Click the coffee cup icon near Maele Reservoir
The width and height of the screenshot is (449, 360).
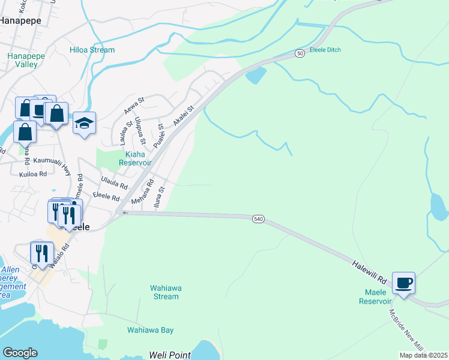pos(403,281)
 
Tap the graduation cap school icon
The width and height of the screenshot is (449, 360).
pos(85,123)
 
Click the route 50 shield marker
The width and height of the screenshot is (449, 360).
pos(299,54)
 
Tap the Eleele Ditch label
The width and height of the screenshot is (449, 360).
pos(325,50)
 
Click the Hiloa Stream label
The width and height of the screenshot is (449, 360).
pos(92,50)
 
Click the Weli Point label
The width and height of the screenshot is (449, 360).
pos(171,355)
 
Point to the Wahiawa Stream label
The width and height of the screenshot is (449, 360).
pos(165,292)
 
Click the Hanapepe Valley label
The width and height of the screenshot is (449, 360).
pos(22,60)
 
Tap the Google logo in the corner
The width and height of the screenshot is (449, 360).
pos(20,353)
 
